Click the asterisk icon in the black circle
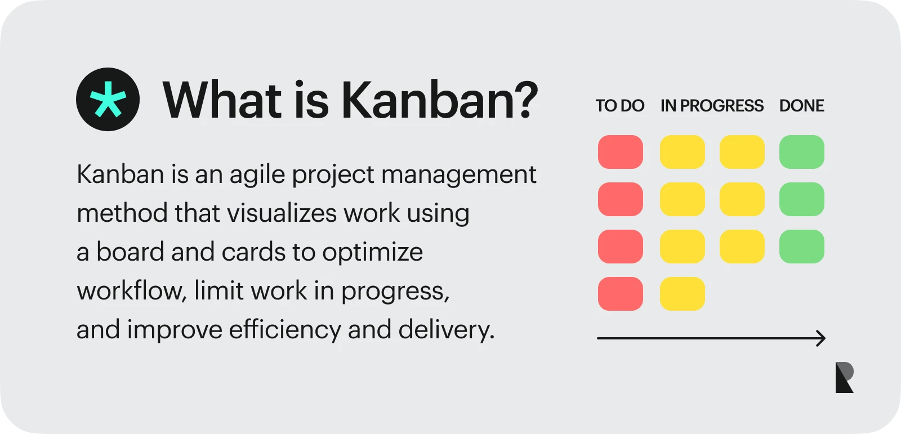tap(108, 100)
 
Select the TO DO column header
tap(619, 106)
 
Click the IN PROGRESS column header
tap(712, 106)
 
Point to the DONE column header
tap(801, 106)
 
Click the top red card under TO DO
tap(620, 152)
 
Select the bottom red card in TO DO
tap(620, 294)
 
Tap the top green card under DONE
tap(801, 152)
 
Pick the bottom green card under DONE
tap(801, 247)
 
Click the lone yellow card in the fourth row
tap(682, 294)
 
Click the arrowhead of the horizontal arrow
tap(822, 338)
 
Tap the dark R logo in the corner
tap(844, 378)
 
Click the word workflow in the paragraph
tap(129, 291)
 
